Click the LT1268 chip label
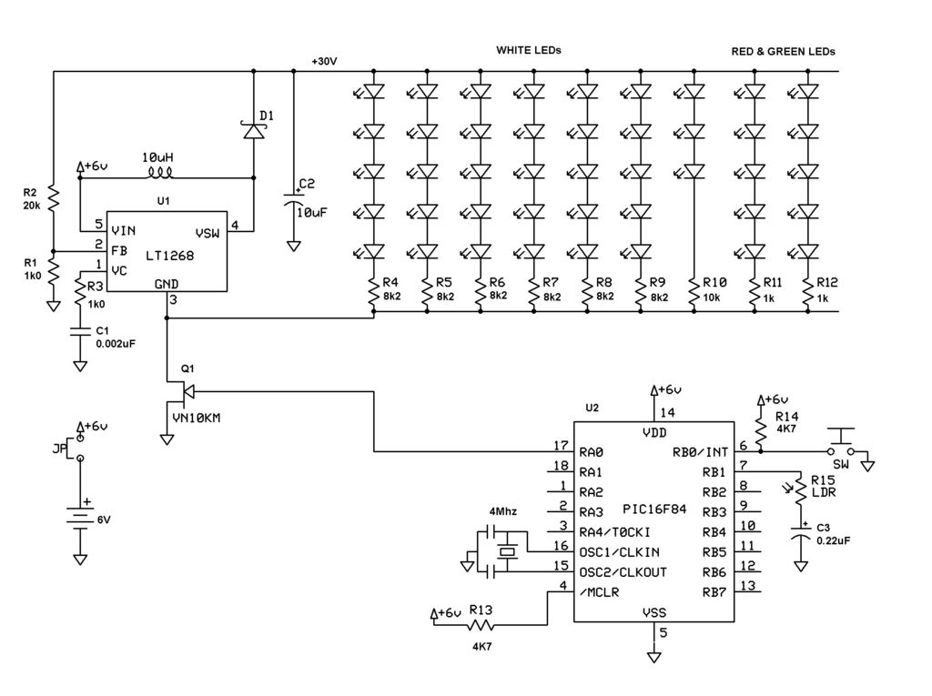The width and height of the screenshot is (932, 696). [x=170, y=256]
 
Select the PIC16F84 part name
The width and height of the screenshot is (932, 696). [x=654, y=509]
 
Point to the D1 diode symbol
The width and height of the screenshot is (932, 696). [x=254, y=129]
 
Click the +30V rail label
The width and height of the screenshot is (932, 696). [x=325, y=61]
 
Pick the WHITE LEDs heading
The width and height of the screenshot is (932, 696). [x=529, y=51]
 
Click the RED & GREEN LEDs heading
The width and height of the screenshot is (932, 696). [x=783, y=52]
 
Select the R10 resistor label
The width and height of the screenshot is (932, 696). [x=714, y=282]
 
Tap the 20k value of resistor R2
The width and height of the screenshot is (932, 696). [x=32, y=207]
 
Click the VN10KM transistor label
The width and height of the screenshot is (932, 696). [x=197, y=419]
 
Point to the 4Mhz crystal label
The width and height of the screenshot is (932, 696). [x=502, y=511]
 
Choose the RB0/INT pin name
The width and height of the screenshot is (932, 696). [x=700, y=452]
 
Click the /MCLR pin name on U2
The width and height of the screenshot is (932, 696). [x=599, y=592]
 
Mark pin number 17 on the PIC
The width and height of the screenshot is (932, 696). [x=561, y=445]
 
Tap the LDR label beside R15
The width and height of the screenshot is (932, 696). [x=823, y=492]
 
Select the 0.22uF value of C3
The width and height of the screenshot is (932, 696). [x=833, y=540]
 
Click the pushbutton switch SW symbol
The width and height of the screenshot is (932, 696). [x=842, y=445]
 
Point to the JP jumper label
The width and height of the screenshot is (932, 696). [x=59, y=449]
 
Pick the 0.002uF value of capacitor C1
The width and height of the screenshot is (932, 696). [x=116, y=344]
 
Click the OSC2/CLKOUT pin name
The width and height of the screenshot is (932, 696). [x=623, y=572]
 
